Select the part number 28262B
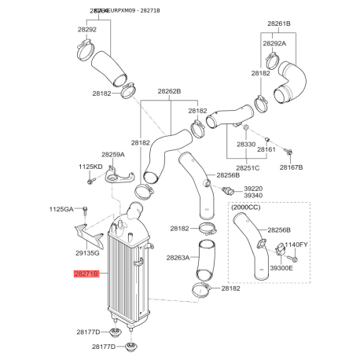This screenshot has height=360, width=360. click(x=169, y=91)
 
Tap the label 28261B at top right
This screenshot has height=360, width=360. click(x=276, y=24)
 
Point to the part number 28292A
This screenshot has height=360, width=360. click(x=273, y=44)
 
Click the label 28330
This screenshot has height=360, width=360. click(x=248, y=146)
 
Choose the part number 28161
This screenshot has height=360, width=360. click(x=266, y=149)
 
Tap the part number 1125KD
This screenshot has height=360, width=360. click(x=90, y=167)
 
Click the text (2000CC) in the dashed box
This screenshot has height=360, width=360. click(x=247, y=209)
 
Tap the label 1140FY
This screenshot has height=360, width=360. click(x=296, y=245)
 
